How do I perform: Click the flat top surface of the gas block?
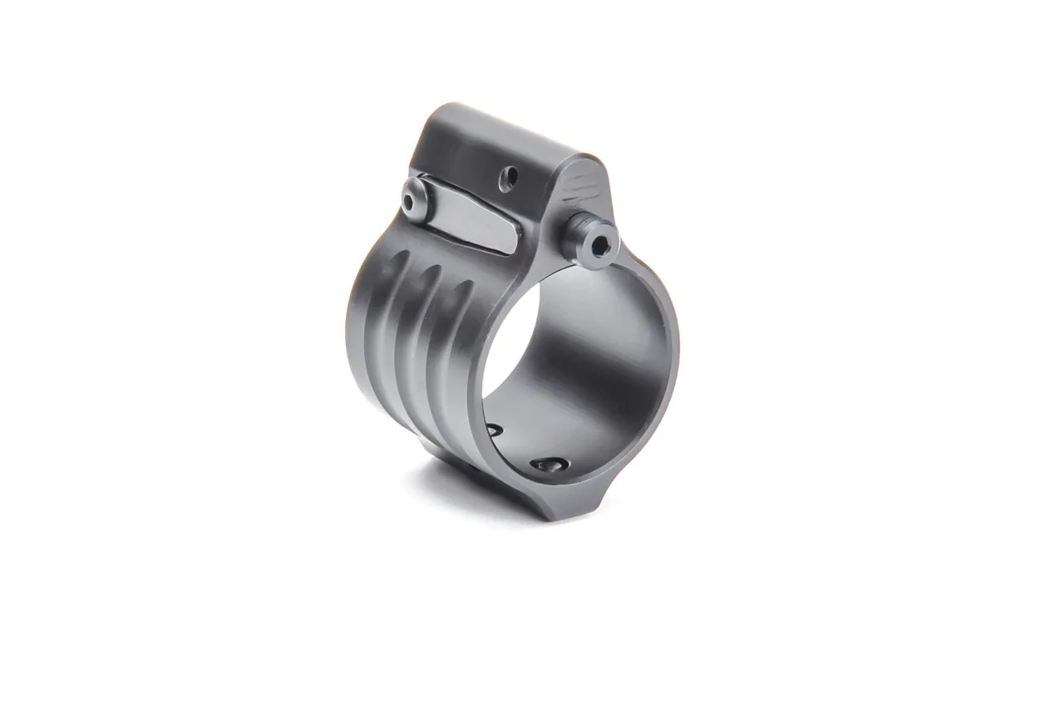pyautogui.click(x=499, y=133)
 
